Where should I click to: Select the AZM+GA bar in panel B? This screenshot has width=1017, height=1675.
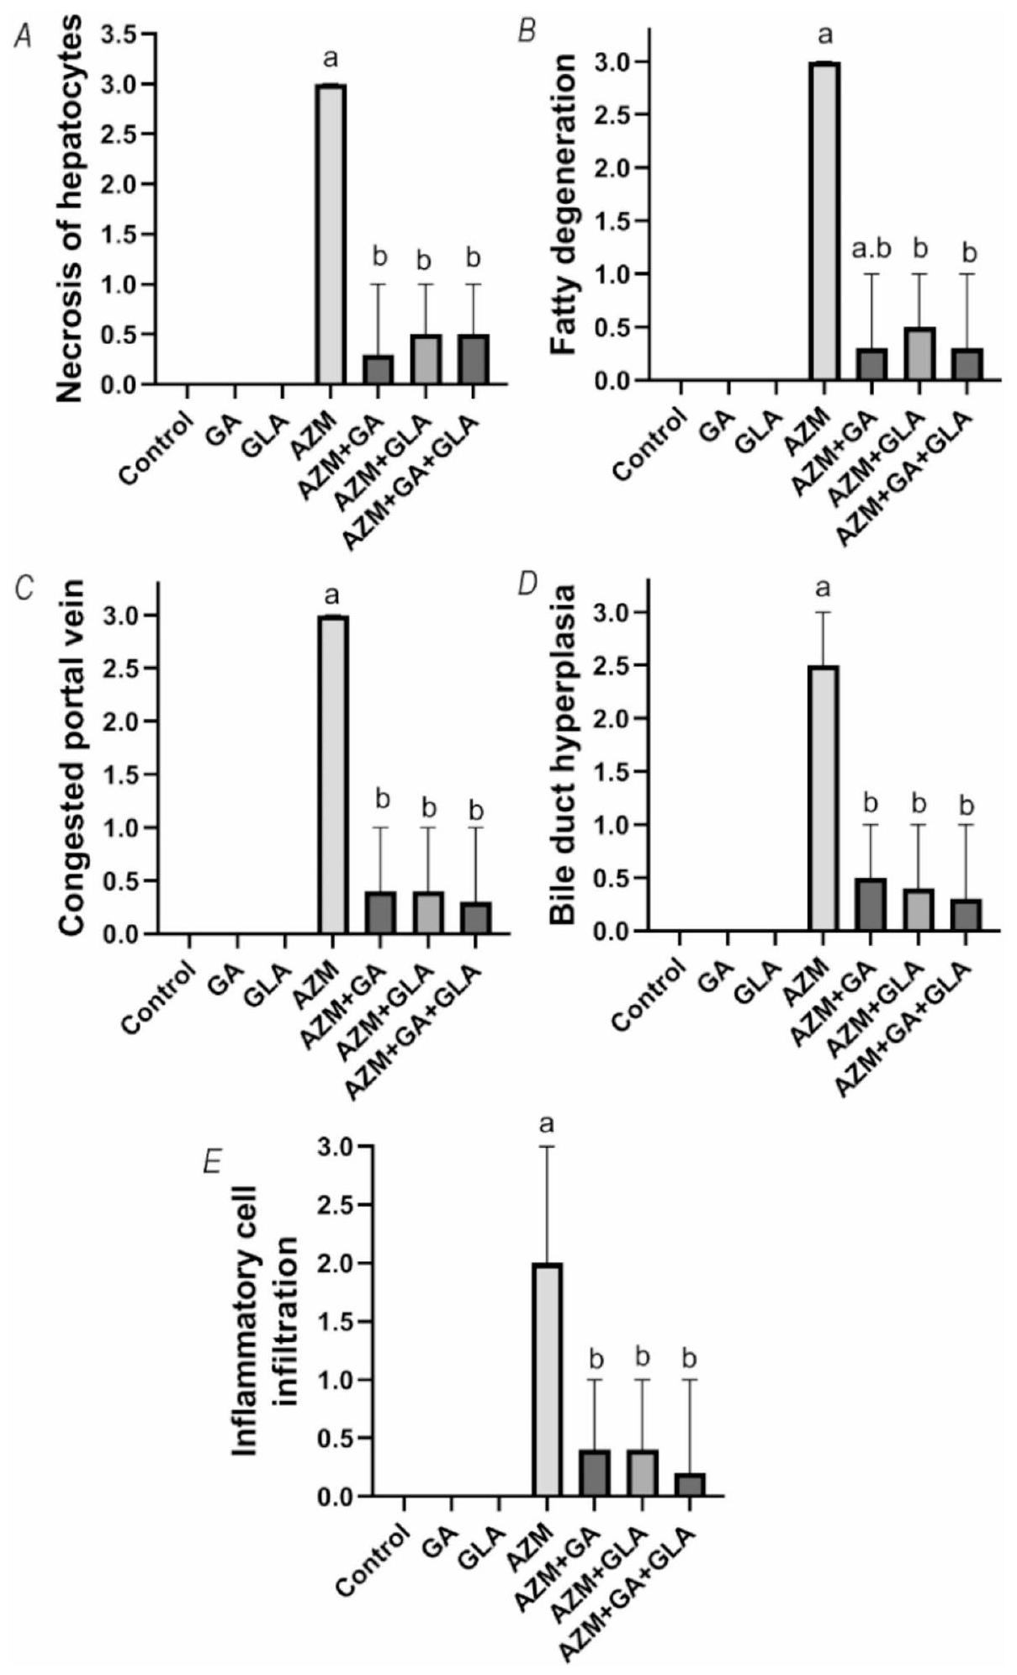coord(872,365)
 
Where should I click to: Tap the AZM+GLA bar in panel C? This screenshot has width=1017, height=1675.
coord(428,912)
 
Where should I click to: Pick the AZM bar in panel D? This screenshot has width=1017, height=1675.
coord(824,798)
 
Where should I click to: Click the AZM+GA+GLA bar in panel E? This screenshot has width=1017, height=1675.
coord(689,1485)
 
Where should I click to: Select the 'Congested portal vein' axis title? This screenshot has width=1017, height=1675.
coord(73,758)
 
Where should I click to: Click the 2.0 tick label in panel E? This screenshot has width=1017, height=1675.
coord(338,1263)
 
